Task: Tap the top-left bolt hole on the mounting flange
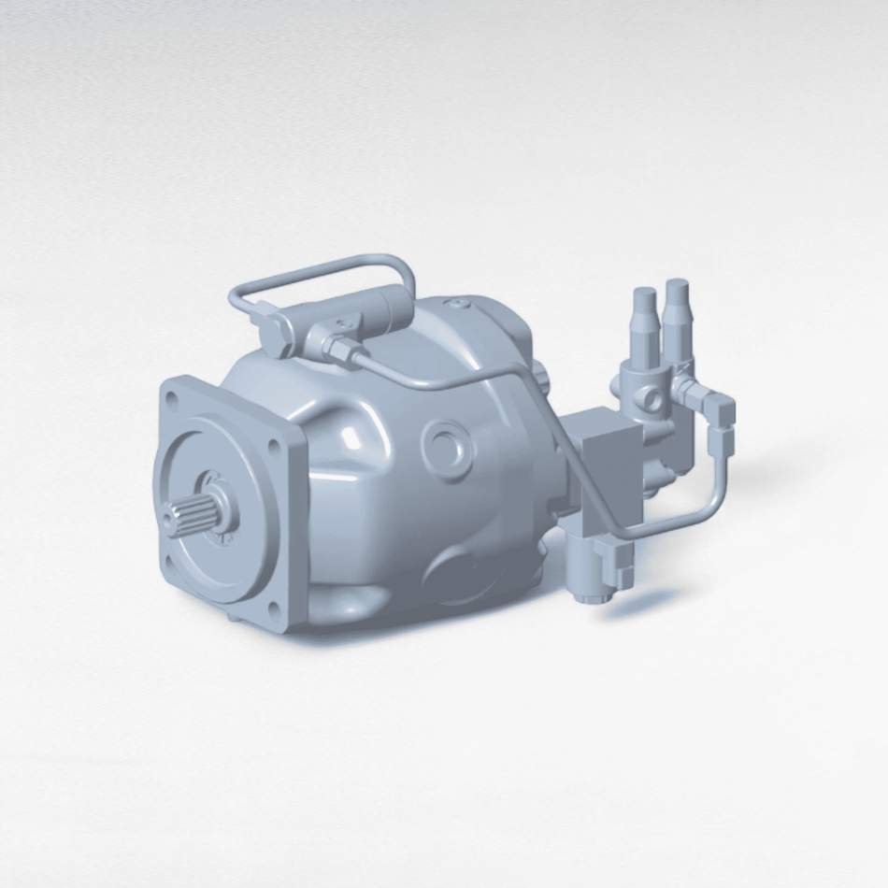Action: pos(171,398)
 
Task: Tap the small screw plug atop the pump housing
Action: pos(455,303)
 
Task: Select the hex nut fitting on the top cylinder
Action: pos(338,348)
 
